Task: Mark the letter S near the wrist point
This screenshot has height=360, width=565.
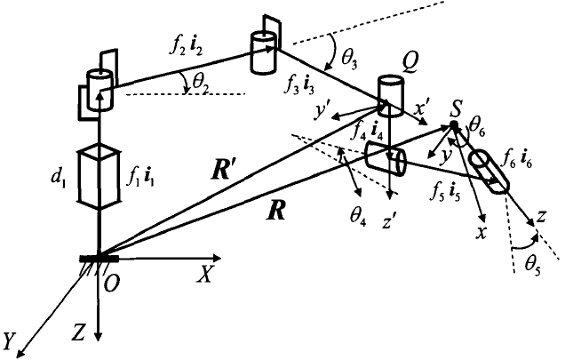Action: coord(455,110)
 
